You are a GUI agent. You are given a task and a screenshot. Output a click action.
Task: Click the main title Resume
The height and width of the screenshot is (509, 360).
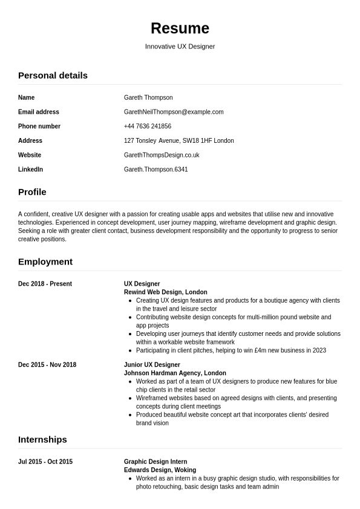180,28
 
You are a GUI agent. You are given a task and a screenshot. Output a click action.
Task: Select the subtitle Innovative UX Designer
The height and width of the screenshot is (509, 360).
180,47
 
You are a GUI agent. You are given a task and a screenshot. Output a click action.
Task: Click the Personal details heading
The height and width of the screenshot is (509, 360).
53,76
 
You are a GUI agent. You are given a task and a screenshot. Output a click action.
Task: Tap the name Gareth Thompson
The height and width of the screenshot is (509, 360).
148,97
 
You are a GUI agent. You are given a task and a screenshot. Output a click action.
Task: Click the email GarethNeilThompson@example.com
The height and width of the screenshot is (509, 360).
174,112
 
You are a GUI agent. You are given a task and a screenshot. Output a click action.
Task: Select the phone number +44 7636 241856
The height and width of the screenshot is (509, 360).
148,126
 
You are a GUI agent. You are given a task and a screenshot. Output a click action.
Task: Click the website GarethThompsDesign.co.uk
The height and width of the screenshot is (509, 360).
162,156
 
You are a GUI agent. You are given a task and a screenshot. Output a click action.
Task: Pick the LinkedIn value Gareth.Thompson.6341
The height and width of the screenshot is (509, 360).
155,170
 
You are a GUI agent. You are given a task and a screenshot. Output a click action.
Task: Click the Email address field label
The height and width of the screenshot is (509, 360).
39,112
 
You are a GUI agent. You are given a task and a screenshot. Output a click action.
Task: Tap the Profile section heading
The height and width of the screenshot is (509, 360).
32,192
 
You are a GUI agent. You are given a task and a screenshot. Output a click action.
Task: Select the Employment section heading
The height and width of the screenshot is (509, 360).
45,262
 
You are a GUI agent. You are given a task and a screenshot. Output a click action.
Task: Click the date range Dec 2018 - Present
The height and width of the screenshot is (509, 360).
45,284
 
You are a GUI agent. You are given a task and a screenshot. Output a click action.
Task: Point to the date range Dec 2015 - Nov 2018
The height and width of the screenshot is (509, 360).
47,365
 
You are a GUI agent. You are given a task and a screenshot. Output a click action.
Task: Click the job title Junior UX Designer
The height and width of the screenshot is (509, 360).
152,365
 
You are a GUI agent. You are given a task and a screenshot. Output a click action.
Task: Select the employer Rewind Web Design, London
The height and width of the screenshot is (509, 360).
165,292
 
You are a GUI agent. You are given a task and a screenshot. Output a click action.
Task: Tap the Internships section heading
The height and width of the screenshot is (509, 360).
42,440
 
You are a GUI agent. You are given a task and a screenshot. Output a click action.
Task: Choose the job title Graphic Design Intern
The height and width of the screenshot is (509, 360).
155,462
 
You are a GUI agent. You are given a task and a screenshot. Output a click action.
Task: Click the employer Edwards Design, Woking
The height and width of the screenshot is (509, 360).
160,470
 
